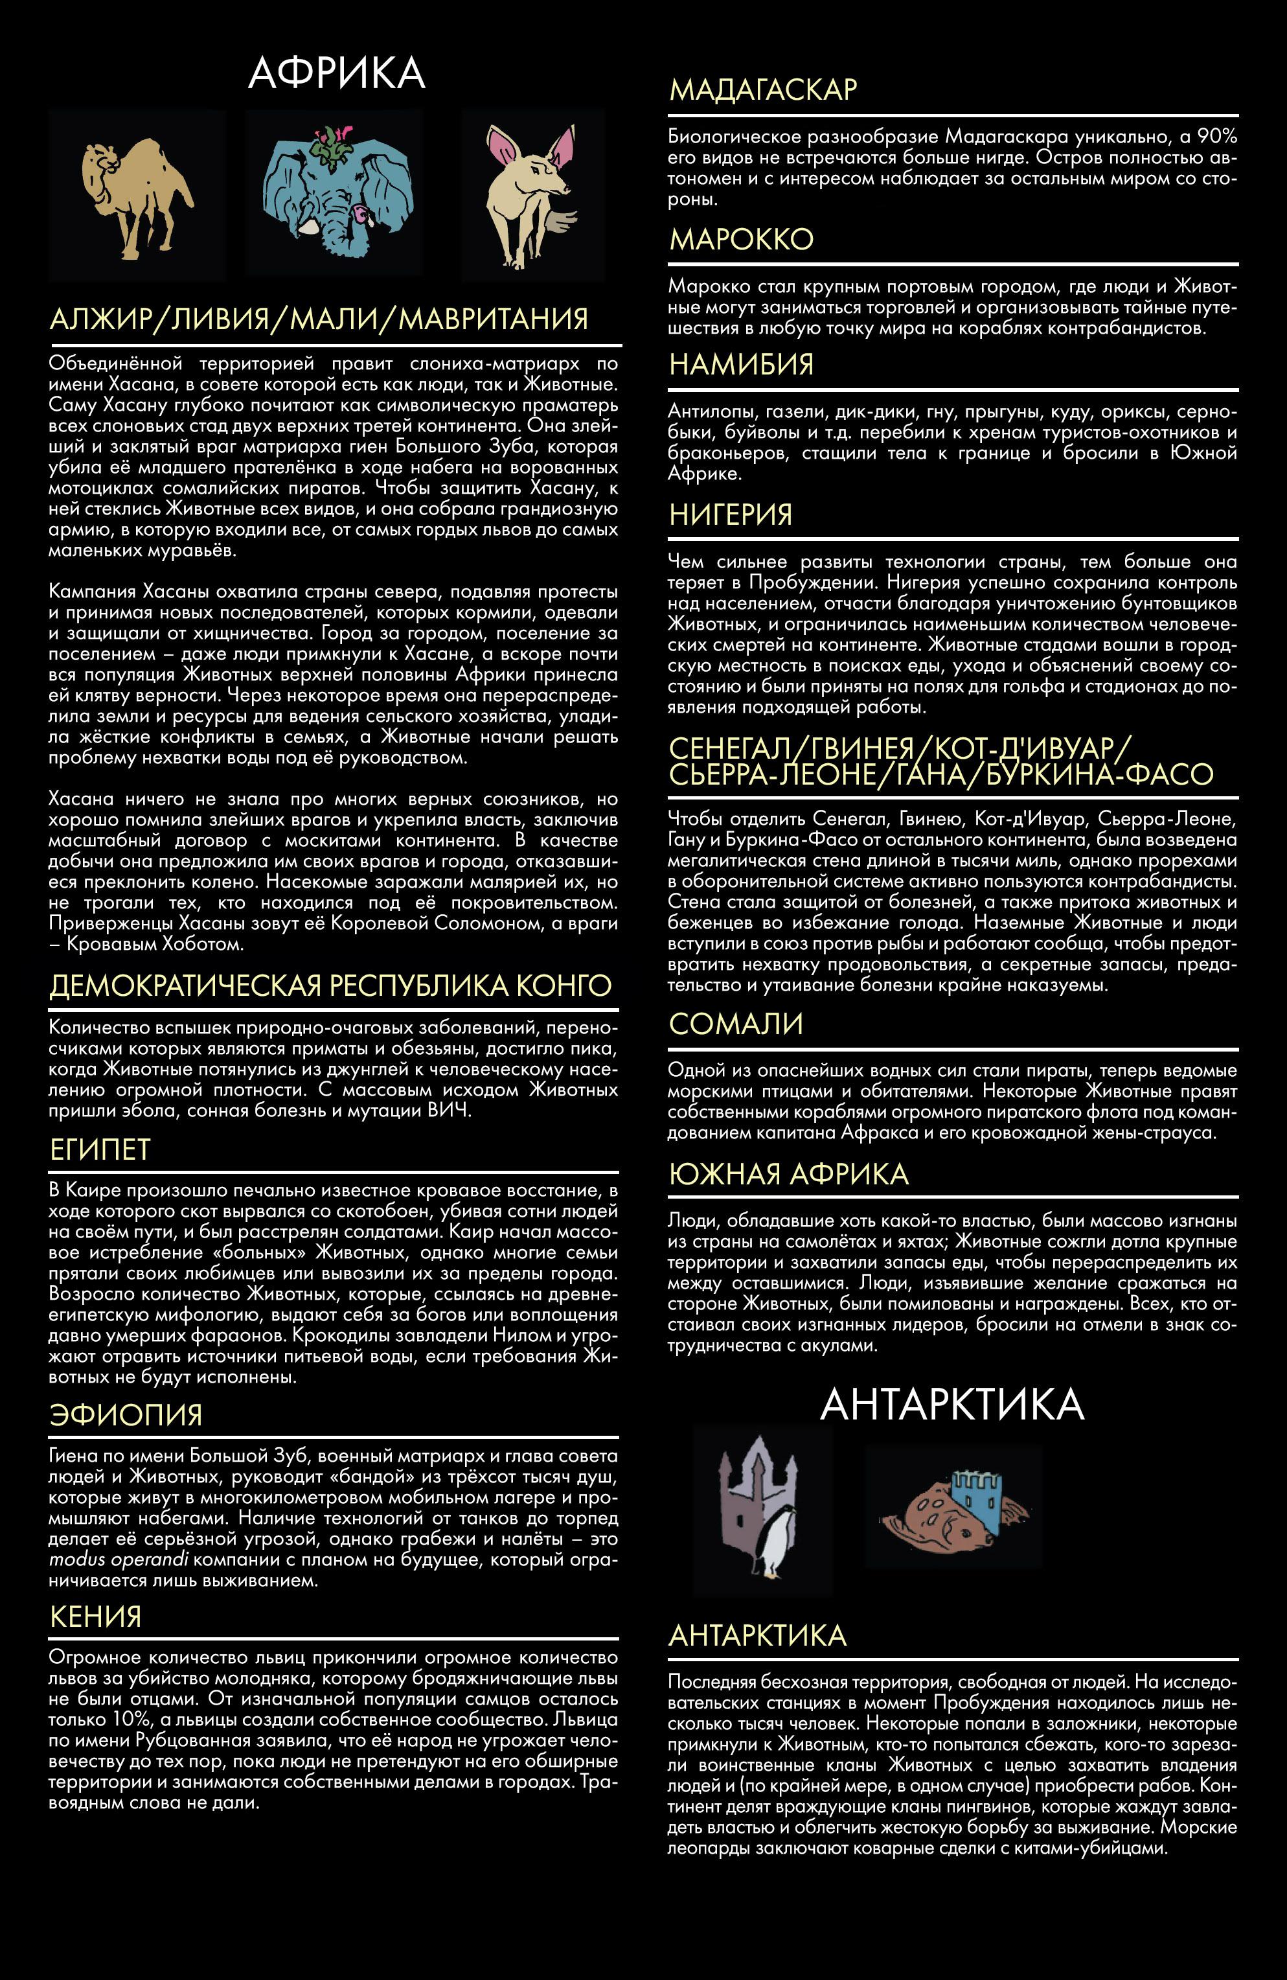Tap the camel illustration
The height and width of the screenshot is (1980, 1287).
click(x=135, y=196)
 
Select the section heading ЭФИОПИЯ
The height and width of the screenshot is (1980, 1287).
click(x=126, y=1415)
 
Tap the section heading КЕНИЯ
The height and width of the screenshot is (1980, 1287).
click(x=96, y=1617)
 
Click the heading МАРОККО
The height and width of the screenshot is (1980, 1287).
click(x=741, y=240)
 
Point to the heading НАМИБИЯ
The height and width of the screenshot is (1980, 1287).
click(x=741, y=364)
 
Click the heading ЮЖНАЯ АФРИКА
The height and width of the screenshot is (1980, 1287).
click(x=788, y=1174)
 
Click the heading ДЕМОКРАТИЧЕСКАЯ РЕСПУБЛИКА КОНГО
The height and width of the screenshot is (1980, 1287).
click(x=330, y=986)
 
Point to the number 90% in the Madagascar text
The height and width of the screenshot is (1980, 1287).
click(x=1217, y=137)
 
